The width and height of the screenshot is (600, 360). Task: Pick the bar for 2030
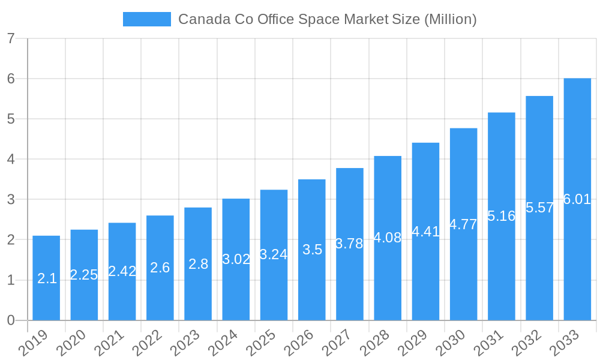[463, 224]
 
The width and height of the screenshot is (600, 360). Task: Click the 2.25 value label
[84, 275]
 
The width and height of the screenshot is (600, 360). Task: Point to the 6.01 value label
[577, 199]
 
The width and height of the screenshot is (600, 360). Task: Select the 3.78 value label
[349, 244]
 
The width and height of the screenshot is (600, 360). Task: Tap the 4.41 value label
[425, 232]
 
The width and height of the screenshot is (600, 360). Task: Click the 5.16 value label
[501, 216]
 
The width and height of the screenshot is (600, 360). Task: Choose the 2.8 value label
[198, 264]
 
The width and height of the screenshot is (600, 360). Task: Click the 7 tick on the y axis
[11, 38]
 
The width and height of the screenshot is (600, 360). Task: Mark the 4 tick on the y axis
[11, 159]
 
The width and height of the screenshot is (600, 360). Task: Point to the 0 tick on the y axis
[11, 320]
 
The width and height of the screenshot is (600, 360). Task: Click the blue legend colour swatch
[146, 19]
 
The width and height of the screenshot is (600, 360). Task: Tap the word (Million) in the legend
[450, 19]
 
